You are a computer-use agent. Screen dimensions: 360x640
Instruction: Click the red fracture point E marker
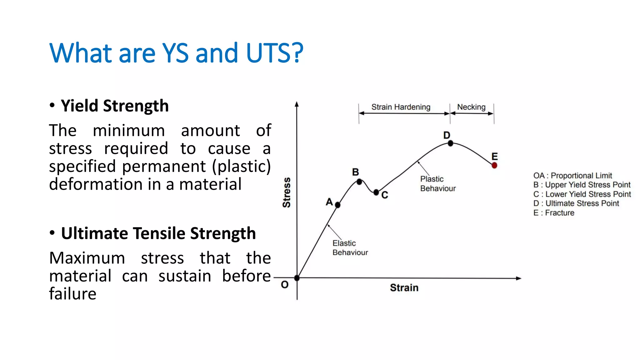(494, 165)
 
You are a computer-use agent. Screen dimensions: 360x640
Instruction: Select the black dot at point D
(450, 143)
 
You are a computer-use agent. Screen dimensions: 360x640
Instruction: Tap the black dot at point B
(359, 182)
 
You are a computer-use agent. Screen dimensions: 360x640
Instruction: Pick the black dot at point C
(376, 192)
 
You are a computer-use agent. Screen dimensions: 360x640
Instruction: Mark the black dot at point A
(337, 205)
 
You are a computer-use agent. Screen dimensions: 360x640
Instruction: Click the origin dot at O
(297, 277)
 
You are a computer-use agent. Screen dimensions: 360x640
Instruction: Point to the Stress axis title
(287, 192)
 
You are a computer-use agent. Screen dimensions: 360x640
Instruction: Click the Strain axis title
(404, 287)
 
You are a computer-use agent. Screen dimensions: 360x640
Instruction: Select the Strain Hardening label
(401, 107)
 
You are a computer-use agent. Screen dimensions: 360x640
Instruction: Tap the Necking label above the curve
(471, 107)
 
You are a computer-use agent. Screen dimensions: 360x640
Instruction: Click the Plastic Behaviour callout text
(437, 184)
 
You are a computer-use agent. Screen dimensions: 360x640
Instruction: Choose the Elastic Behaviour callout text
(350, 248)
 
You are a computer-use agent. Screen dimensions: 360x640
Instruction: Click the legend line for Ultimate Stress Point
(576, 203)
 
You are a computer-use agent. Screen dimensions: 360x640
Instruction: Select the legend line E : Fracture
(553, 213)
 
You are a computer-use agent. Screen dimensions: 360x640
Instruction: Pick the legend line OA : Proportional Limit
(572, 176)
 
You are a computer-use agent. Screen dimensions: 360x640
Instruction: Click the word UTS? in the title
(274, 53)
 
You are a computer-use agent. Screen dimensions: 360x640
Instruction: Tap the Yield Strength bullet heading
(114, 106)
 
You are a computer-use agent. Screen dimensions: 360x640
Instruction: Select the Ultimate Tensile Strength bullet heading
(158, 233)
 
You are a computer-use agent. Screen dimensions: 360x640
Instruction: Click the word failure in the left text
(72, 294)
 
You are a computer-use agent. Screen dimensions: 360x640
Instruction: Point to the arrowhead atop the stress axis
(297, 104)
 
